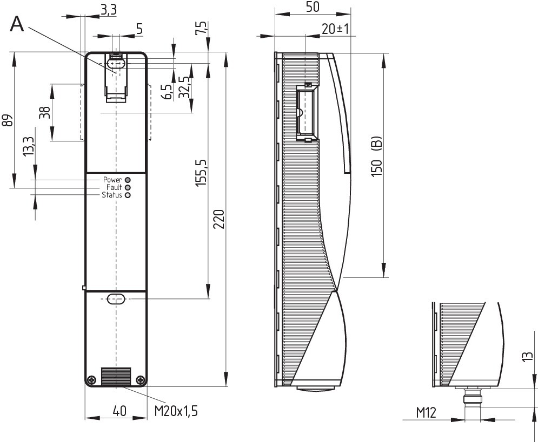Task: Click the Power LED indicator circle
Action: (128, 180)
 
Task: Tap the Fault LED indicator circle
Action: (128, 188)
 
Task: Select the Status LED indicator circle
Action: (128, 195)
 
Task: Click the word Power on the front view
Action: (112, 180)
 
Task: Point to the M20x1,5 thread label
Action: (176, 411)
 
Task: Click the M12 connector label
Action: (426, 413)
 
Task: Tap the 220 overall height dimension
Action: (218, 219)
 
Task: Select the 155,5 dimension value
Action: (201, 173)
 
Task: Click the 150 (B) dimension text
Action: (376, 157)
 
